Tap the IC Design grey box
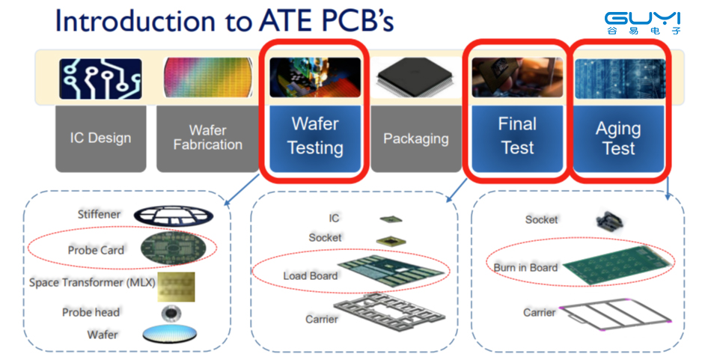pos(100,138)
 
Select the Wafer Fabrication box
pos(207,138)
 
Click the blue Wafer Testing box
pos(315,138)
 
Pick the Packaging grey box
pos(416,138)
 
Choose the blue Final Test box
pos(517,138)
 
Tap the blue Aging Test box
pos(618,138)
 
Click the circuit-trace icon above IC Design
pos(100,79)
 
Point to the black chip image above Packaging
pos(416,76)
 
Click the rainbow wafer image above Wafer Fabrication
pos(207,78)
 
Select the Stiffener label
pos(99,214)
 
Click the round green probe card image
pos(173,248)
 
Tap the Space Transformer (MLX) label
pos(92,283)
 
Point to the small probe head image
pos(171,314)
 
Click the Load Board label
pos(310,276)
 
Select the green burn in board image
pos(617,266)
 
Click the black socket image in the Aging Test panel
pos(609,221)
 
